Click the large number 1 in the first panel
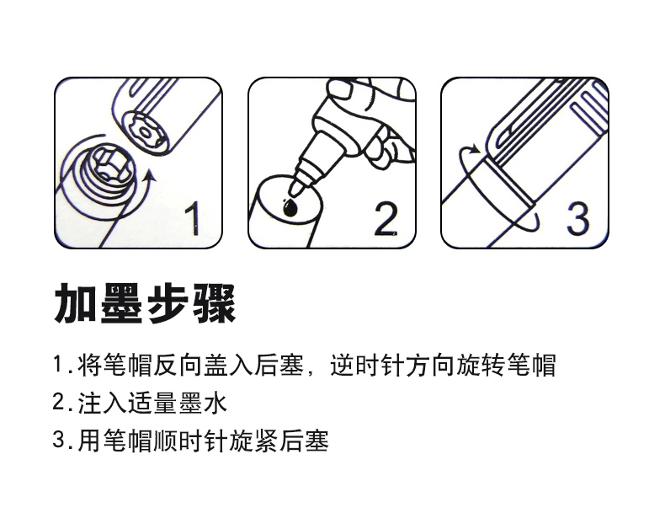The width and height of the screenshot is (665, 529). point(193,218)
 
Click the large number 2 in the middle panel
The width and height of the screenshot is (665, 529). point(386,218)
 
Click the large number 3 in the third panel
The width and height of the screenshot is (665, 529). point(577,218)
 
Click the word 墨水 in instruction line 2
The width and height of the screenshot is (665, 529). point(204,403)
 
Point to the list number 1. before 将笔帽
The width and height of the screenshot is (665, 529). point(61,366)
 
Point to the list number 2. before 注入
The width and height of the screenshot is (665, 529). point(61,403)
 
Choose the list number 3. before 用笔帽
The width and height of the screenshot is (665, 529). point(61,440)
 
